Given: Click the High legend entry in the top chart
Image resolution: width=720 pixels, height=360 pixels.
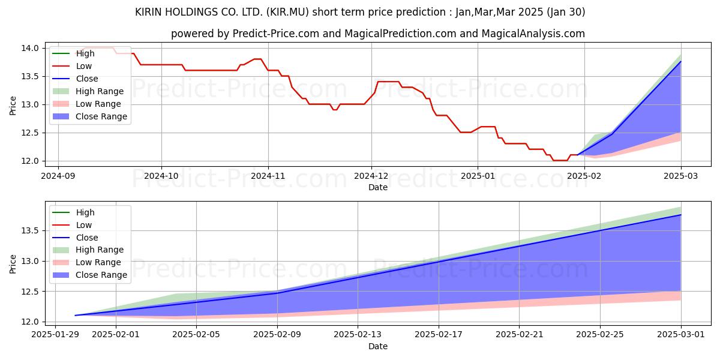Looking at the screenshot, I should [x=85, y=53].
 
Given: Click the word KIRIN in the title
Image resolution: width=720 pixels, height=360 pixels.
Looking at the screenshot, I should [x=151, y=12].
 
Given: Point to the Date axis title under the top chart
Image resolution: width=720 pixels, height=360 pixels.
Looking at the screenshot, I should [x=378, y=187].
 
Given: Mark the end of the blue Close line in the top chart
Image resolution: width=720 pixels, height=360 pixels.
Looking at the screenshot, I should [x=680, y=61].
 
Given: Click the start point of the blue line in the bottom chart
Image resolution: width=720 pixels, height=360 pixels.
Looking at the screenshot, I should [x=75, y=315].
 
